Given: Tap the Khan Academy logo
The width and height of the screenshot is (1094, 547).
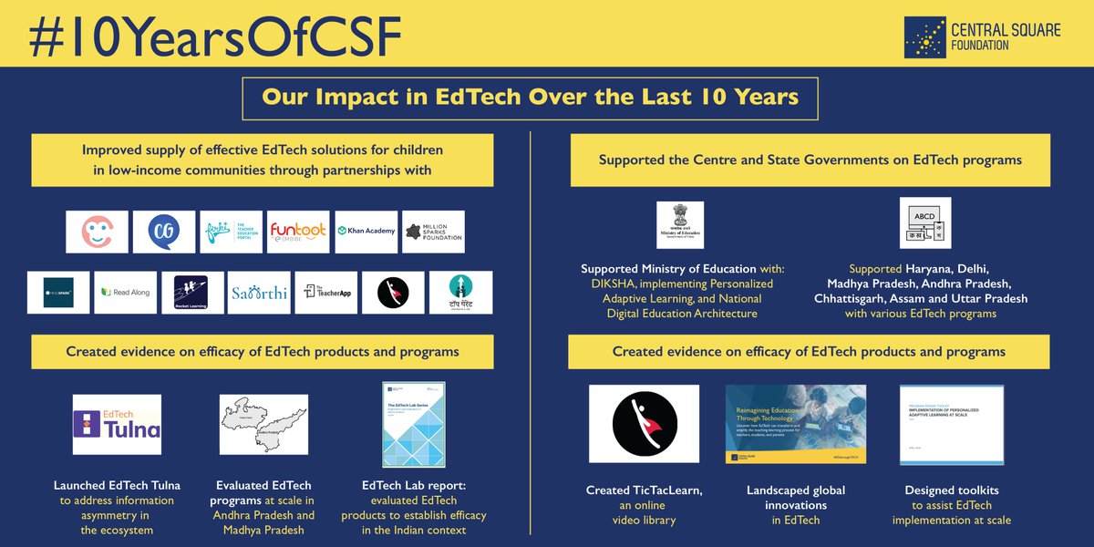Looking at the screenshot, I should pos(366,232).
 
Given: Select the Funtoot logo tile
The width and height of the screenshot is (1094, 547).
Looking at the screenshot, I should pos(298,232).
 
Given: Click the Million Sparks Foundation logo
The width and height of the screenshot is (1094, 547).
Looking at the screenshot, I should pos(433,232).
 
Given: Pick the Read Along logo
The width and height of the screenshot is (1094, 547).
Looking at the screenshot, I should pos(126,292).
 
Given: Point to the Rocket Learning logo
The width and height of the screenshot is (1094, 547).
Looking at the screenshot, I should pos(191,292).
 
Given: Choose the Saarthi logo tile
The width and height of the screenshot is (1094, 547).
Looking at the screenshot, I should pos(259,292).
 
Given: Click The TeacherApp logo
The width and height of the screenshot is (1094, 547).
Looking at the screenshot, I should pos(325,292).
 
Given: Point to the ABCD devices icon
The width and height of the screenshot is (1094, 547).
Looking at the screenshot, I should pos(924,223).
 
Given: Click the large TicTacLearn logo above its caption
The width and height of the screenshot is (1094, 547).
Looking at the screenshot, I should pos(644,423).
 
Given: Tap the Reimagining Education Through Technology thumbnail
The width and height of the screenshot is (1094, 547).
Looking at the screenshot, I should pos(795,423).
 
